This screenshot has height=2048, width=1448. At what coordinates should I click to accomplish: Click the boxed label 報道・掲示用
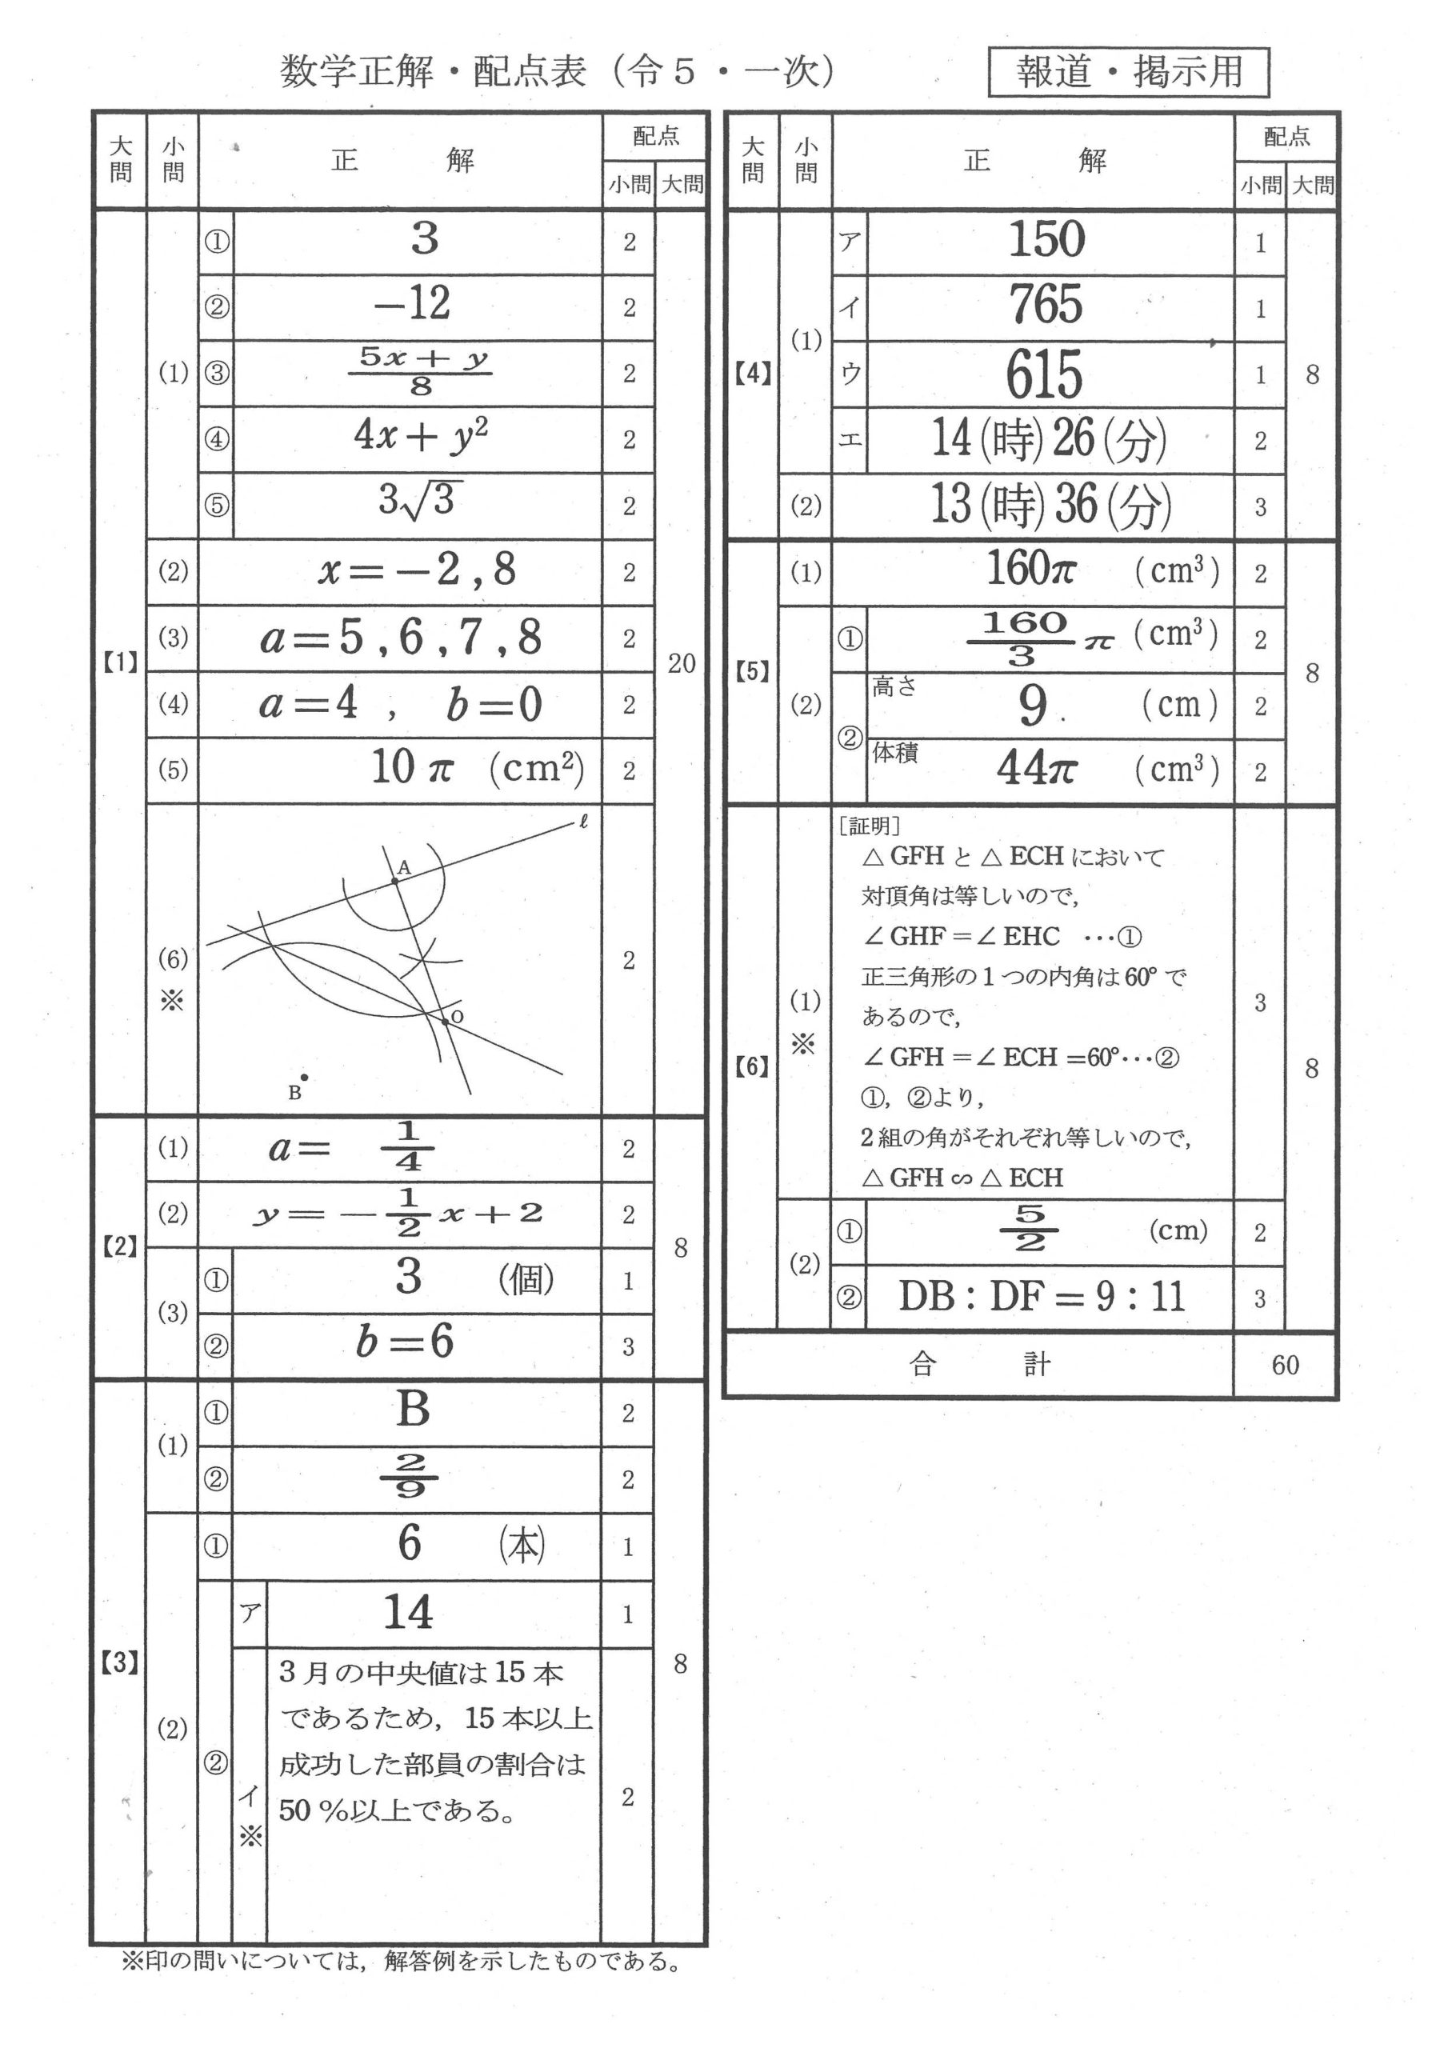click(1129, 71)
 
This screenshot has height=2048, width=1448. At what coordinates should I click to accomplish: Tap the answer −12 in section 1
click(412, 304)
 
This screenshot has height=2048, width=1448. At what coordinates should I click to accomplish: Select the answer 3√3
click(416, 501)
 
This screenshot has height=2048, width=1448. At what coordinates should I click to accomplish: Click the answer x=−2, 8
click(417, 569)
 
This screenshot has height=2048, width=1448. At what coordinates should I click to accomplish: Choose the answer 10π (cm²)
click(478, 768)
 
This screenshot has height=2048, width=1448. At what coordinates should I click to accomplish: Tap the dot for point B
click(304, 1078)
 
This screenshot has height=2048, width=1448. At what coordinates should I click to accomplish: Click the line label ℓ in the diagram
click(583, 822)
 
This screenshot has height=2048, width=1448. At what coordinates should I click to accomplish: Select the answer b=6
click(404, 1342)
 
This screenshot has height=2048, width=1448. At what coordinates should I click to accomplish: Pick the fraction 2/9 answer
click(410, 1476)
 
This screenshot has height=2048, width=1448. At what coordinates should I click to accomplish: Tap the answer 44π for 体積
click(1037, 768)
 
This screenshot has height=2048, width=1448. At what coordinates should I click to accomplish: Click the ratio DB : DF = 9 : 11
click(1041, 1296)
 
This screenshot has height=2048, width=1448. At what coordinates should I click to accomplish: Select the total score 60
click(1285, 1365)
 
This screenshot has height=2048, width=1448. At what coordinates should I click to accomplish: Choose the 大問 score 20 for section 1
click(681, 662)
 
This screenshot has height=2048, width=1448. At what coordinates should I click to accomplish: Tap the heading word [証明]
click(869, 826)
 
